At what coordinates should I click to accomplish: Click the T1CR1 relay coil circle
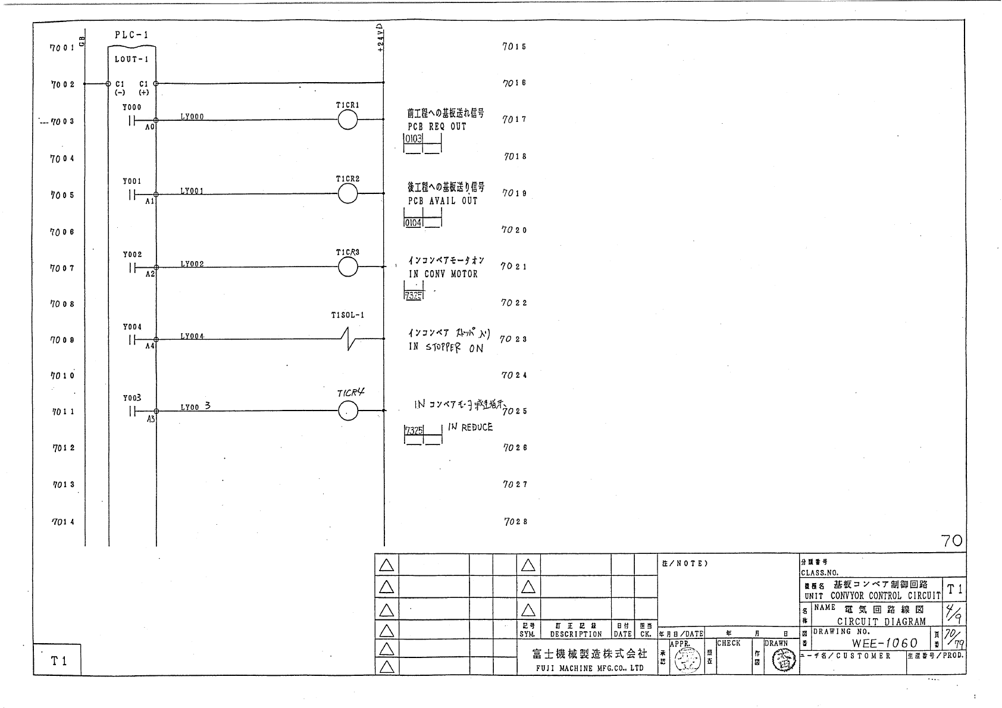[347, 120]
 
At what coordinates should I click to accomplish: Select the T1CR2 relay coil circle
[347, 193]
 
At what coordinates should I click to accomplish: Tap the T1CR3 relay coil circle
[347, 267]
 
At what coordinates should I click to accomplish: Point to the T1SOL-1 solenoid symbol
[350, 339]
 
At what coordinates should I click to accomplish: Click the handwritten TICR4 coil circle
[347, 411]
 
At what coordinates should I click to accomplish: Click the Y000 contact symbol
[132, 121]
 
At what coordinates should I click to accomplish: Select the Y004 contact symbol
[132, 340]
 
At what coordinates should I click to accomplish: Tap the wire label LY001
[192, 191]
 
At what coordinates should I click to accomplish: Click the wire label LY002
[192, 264]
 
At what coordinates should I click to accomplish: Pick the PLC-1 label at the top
[131, 35]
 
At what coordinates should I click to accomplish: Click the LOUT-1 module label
[131, 59]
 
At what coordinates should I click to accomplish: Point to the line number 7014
[63, 522]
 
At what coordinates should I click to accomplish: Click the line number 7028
[515, 522]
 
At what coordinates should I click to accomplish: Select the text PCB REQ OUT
[437, 127]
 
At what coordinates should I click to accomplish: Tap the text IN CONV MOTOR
[443, 274]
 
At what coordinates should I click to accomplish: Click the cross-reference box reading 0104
[413, 223]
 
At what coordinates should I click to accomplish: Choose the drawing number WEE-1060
[885, 643]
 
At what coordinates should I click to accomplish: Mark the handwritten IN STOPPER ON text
[446, 347]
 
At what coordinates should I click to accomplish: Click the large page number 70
[952, 540]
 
